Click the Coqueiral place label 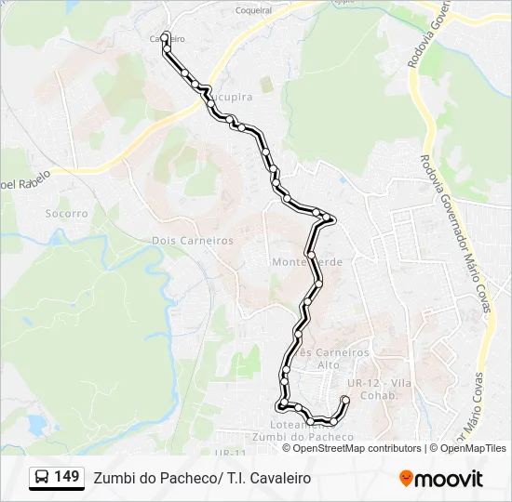tap(254, 11)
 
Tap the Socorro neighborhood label tap(66, 213)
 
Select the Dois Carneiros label tap(193, 240)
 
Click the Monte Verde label tap(307, 262)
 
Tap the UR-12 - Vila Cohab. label tap(378, 390)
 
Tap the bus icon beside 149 tap(43, 478)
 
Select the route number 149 tap(66, 477)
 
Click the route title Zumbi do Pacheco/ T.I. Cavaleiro tap(202, 478)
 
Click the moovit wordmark tap(450, 479)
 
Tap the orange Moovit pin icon tap(407, 478)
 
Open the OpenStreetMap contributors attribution tap(357, 448)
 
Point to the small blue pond tap(36, 425)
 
